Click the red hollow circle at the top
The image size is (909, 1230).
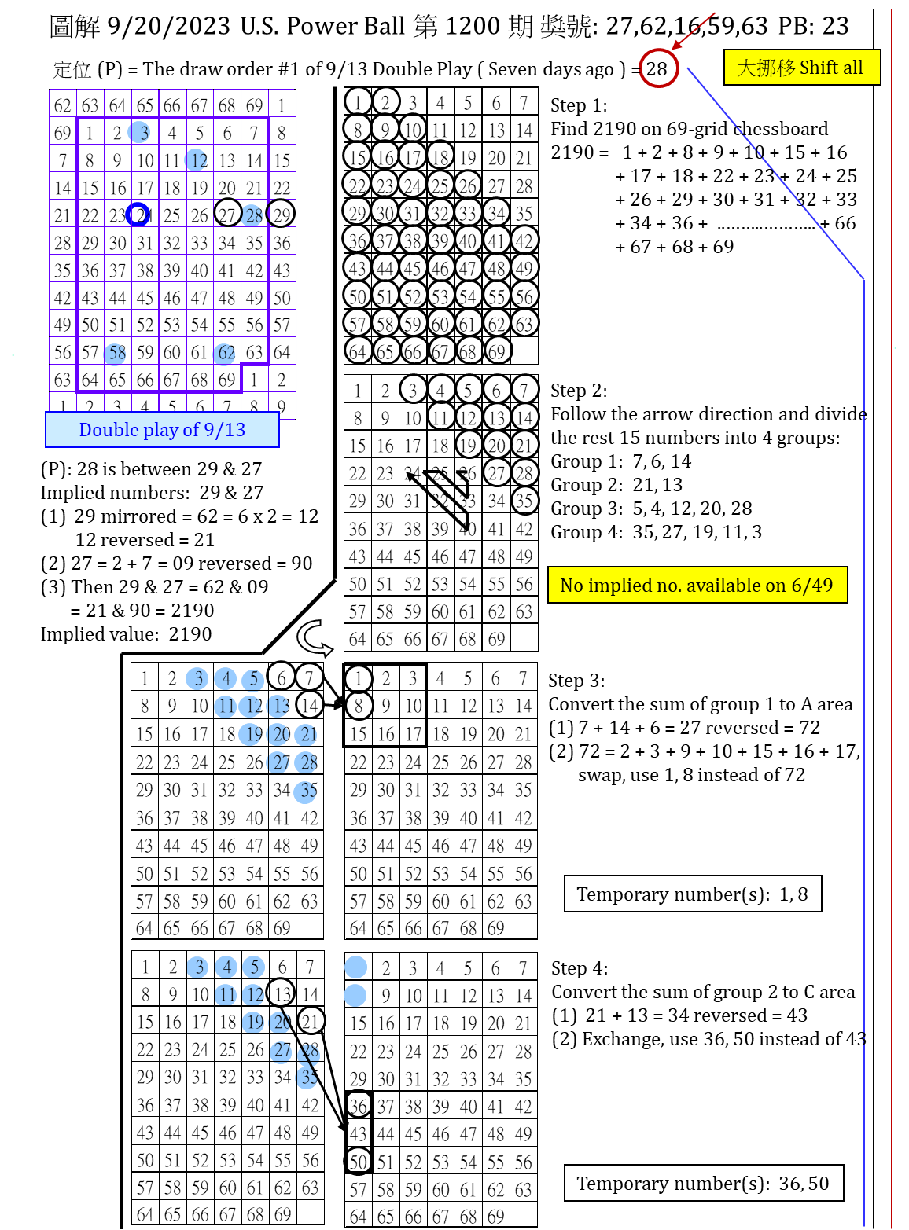(659, 68)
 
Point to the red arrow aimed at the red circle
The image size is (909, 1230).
(694, 31)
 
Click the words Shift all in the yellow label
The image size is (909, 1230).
(830, 68)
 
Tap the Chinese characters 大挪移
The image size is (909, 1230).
(766, 68)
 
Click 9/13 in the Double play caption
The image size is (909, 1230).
(225, 430)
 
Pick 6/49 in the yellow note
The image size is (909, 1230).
(811, 586)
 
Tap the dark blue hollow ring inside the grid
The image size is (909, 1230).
(138, 215)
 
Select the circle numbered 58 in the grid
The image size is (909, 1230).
(115, 354)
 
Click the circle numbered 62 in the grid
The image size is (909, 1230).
(224, 354)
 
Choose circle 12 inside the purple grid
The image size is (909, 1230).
(196, 160)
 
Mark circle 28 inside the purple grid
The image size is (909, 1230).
(252, 215)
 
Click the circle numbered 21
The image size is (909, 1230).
(306, 735)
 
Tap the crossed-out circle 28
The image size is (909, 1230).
(309, 1053)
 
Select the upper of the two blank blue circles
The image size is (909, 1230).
(355, 967)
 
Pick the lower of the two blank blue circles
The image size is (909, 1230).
(355, 996)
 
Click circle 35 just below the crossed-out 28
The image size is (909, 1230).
(307, 1078)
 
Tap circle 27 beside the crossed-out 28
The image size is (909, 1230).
(281, 1052)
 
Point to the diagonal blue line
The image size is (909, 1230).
(775, 172)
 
